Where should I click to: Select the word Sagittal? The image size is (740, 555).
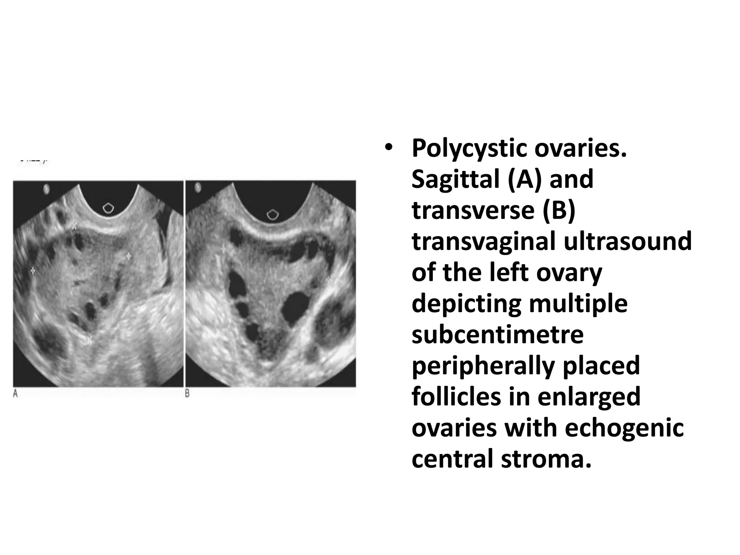455,179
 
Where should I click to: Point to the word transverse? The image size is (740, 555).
473,210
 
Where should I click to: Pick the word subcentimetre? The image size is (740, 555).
498,335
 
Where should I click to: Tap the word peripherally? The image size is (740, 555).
482,366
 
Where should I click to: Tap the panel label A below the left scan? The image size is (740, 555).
16,393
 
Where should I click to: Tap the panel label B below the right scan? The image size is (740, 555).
187,393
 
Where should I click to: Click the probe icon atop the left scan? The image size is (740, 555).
108,208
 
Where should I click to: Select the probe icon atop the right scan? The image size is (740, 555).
272,215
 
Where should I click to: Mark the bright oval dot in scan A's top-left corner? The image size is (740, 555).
46,189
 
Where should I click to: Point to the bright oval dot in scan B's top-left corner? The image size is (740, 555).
198,188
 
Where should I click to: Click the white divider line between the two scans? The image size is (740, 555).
184,284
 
